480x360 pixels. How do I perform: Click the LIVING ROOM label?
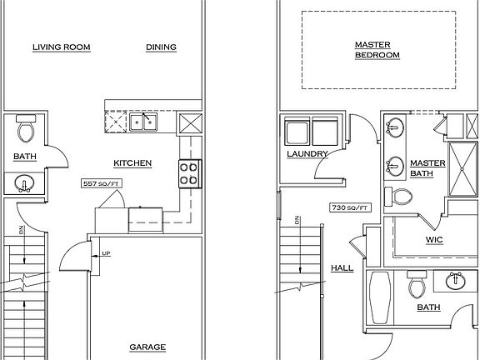tap(61, 47)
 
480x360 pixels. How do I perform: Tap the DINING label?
tap(161, 47)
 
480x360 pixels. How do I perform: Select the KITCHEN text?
tap(132, 163)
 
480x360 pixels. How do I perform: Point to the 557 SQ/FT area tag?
tap(99, 182)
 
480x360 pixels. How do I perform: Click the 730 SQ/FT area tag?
tap(349, 206)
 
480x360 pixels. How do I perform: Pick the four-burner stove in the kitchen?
tap(188, 173)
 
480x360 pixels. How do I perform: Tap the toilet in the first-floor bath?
tap(26, 129)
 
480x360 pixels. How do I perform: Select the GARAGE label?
tap(147, 347)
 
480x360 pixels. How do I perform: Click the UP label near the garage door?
tap(105, 252)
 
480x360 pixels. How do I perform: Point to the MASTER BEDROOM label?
tap(377, 50)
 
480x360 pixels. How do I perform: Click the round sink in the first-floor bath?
tap(26, 183)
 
